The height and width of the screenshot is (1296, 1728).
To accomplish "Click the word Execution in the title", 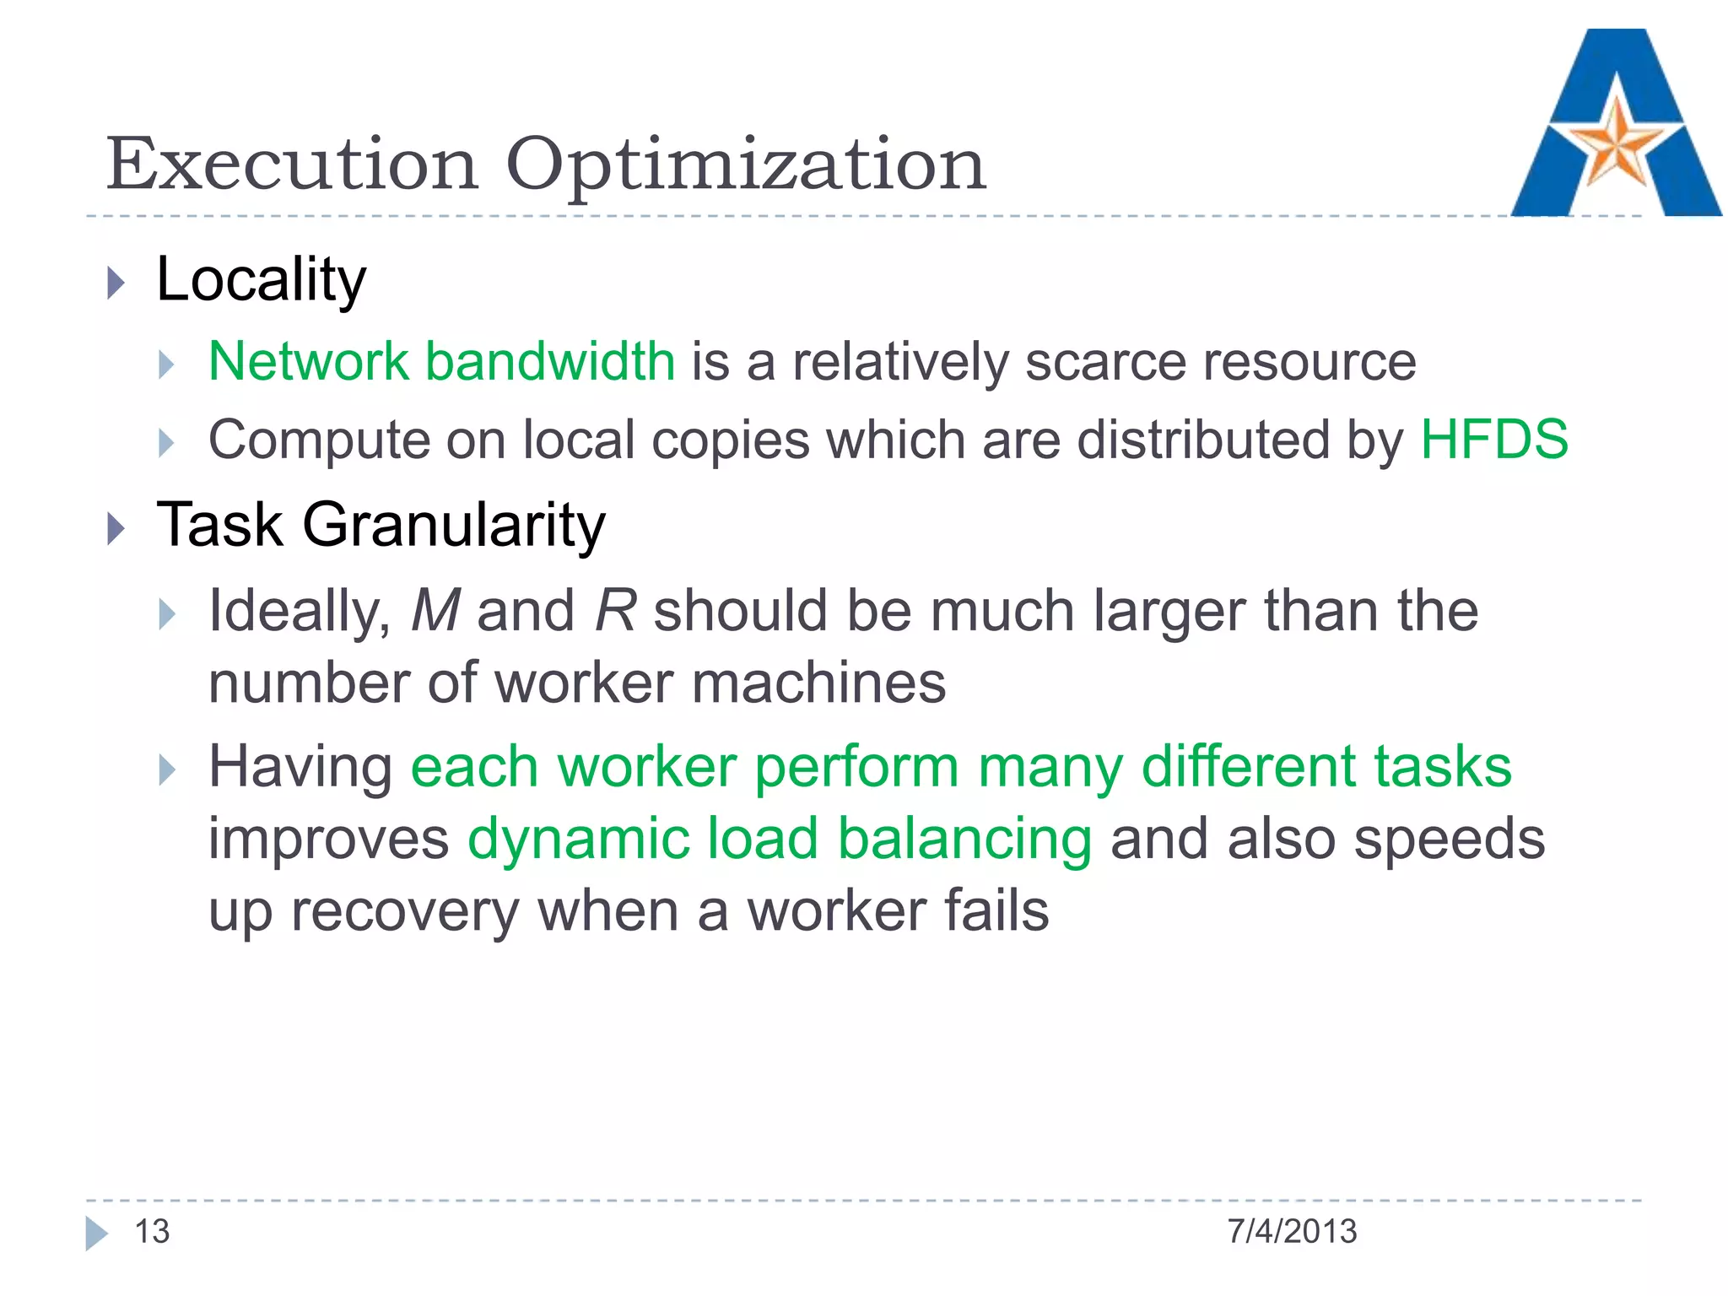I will point(292,165).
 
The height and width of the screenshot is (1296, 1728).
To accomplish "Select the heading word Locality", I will point(262,280).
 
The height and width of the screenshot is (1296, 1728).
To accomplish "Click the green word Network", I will point(308,361).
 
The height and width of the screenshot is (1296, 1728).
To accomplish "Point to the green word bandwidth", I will point(550,361).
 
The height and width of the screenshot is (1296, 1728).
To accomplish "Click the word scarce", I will point(1105,363).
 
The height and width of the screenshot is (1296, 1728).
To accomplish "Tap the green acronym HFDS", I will point(1494,440).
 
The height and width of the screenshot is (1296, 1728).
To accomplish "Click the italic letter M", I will point(435,610).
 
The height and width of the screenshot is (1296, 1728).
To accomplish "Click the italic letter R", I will point(615,610).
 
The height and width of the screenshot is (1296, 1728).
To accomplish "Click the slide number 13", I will point(153,1232).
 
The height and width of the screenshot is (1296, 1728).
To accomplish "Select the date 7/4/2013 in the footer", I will point(1292,1232).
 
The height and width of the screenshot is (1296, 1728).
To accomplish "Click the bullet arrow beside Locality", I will point(116,283).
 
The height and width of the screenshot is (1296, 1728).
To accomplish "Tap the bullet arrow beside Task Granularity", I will point(116,529).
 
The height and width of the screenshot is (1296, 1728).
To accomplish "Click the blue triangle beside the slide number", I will point(96,1233).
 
